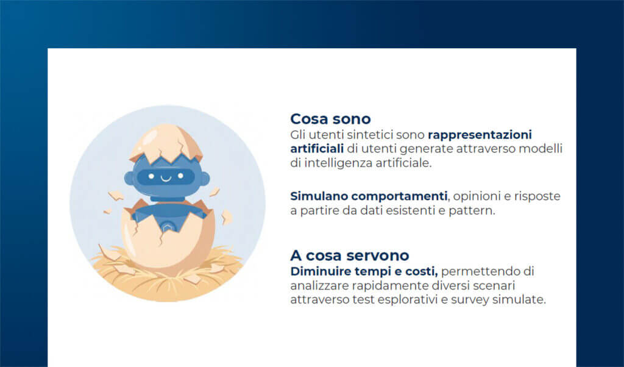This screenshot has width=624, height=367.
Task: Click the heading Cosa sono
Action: click(x=330, y=118)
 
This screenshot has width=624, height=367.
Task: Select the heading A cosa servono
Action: click(x=349, y=255)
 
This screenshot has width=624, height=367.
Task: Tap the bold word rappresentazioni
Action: click(x=480, y=134)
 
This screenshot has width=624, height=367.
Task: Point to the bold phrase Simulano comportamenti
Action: click(x=369, y=196)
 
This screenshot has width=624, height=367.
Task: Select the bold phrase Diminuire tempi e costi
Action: click(x=364, y=271)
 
